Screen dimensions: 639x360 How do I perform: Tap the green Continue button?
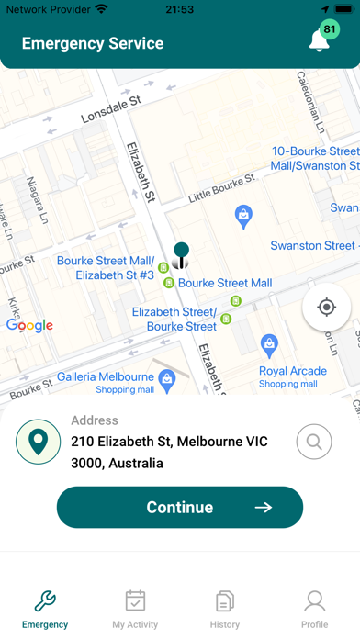click(x=180, y=508)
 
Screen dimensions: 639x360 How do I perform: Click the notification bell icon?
click(x=320, y=42)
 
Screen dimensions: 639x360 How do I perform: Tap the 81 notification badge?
click(x=330, y=29)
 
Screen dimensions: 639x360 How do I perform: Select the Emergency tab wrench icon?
click(x=45, y=601)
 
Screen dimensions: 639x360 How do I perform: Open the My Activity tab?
click(x=135, y=609)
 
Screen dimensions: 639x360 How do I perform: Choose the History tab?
click(x=225, y=609)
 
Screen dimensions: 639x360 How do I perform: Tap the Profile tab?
click(x=314, y=609)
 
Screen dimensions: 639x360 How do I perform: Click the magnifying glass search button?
click(x=314, y=442)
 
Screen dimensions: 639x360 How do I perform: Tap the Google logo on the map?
click(x=29, y=325)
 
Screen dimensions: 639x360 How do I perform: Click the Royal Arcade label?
click(x=292, y=371)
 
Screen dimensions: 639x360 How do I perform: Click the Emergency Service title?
click(x=93, y=43)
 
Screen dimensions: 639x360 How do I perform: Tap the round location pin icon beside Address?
click(x=38, y=443)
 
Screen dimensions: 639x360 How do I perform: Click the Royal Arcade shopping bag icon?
click(x=269, y=345)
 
